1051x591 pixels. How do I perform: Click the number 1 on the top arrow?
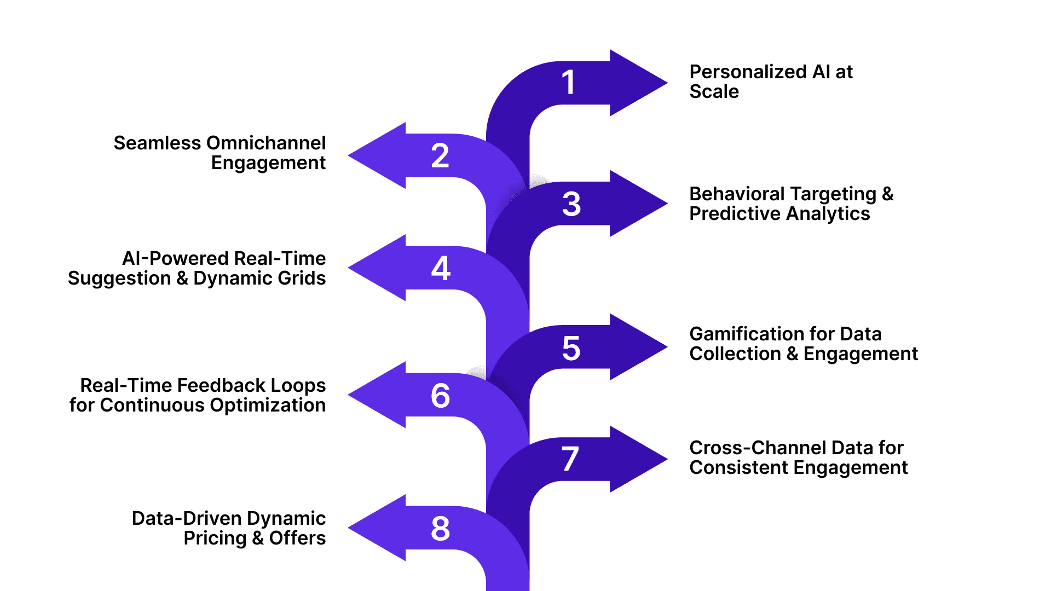point(569,83)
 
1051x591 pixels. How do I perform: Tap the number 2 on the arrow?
point(440,155)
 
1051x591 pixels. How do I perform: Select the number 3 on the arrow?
point(571,204)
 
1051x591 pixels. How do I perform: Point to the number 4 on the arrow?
point(441,268)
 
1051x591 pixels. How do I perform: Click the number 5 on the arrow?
point(571,349)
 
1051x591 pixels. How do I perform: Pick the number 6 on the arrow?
point(440,396)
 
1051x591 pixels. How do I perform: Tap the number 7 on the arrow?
point(570,459)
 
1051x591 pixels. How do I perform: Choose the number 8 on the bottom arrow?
point(440,529)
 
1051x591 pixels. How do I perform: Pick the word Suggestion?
point(119,279)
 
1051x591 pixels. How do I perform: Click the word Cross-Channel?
point(757,448)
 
